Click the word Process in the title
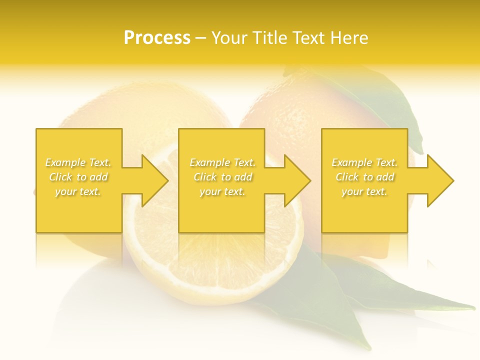click(157, 38)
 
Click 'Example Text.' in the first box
click(78, 162)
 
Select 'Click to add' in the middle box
click(222, 177)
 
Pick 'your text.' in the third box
click(364, 191)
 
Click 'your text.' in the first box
click(78, 191)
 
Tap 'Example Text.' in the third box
click(364, 162)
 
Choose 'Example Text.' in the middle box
click(222, 162)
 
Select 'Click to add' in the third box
click(364, 177)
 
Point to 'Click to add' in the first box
click(78, 177)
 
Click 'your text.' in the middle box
click(222, 191)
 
